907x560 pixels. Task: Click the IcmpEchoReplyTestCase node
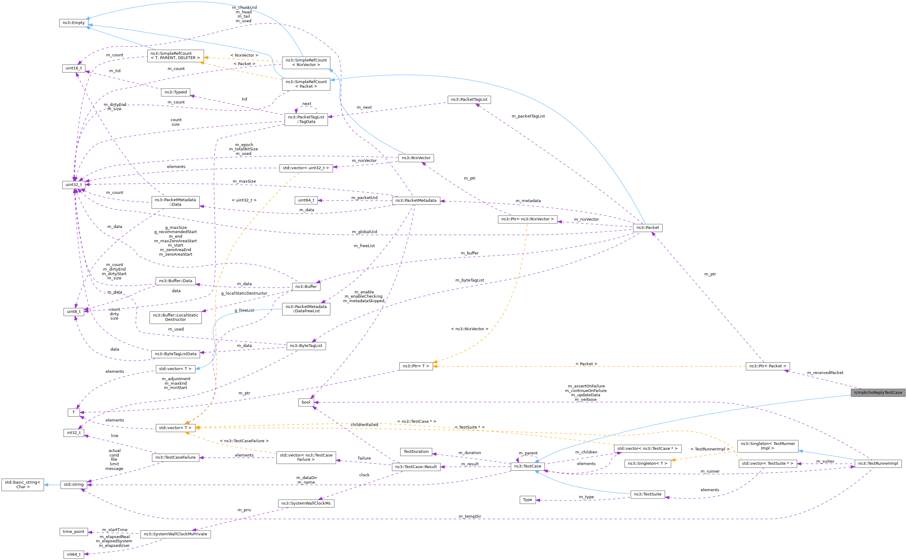click(878, 393)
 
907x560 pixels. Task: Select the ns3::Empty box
click(74, 23)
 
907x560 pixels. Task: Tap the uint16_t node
click(74, 68)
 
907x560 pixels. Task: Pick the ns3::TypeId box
click(176, 92)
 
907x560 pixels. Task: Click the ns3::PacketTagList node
click(469, 100)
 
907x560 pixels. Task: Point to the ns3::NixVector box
click(416, 158)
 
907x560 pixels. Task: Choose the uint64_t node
click(306, 200)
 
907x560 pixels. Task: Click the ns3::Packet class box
click(647, 228)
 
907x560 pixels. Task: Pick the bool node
click(306, 402)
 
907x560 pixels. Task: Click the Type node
click(528, 500)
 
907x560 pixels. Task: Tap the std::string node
click(74, 485)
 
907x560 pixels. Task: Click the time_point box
click(74, 532)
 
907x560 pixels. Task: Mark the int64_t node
click(74, 555)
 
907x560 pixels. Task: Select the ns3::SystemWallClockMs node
click(306, 503)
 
